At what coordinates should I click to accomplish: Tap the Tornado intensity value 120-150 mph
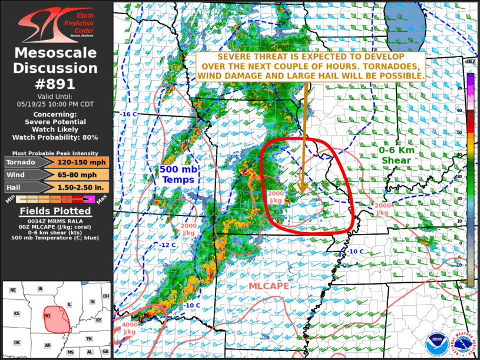[x=82, y=162]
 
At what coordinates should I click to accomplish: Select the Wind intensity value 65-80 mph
[x=82, y=174]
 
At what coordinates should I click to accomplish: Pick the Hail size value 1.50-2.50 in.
[x=82, y=187]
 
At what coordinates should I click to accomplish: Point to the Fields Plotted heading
[x=56, y=211]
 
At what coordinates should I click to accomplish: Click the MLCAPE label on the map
[x=269, y=286]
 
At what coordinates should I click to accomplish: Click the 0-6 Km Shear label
[x=398, y=155]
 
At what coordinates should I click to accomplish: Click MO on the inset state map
[x=46, y=316]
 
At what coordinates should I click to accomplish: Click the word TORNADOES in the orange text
[x=390, y=66]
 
